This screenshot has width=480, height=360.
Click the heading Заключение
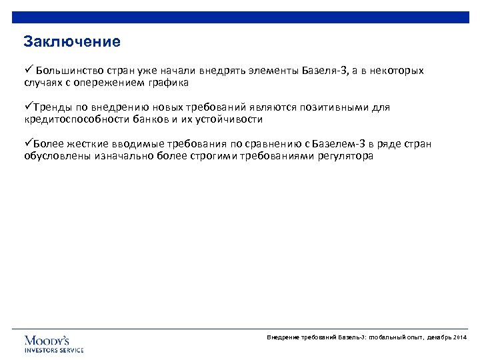72,42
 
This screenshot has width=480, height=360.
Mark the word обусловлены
51,157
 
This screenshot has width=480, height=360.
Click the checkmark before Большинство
27,70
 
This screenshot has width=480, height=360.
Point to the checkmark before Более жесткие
27,143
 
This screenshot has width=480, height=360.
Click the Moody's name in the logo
47,340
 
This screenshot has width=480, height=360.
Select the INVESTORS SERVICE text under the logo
54,350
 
